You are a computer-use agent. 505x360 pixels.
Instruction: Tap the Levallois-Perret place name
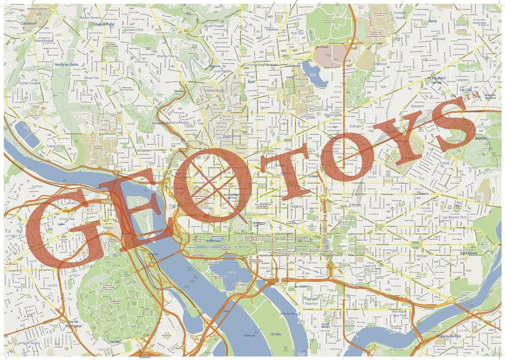click(x=104, y=25)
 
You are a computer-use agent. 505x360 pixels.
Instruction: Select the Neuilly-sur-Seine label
click(x=67, y=65)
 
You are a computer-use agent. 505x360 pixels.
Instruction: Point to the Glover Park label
click(x=92, y=78)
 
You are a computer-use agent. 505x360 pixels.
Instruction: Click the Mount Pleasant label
click(x=215, y=26)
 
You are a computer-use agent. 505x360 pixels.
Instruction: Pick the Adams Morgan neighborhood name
click(x=215, y=90)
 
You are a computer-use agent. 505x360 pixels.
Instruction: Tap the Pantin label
click(x=433, y=21)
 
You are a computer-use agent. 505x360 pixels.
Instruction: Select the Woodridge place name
click(x=479, y=23)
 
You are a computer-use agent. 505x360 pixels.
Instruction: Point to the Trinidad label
click(x=445, y=163)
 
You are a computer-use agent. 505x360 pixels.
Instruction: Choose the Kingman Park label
click(x=458, y=217)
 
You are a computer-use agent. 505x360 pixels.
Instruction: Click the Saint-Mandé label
click(x=468, y=253)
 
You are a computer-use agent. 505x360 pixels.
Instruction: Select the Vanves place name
click(x=114, y=341)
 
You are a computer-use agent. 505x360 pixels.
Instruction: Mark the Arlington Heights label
click(x=29, y=343)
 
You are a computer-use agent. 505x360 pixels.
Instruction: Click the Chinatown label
click(x=296, y=206)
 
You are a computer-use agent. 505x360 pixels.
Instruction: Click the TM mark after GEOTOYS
click(x=473, y=96)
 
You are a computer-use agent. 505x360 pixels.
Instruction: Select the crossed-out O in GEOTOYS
click(x=212, y=183)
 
